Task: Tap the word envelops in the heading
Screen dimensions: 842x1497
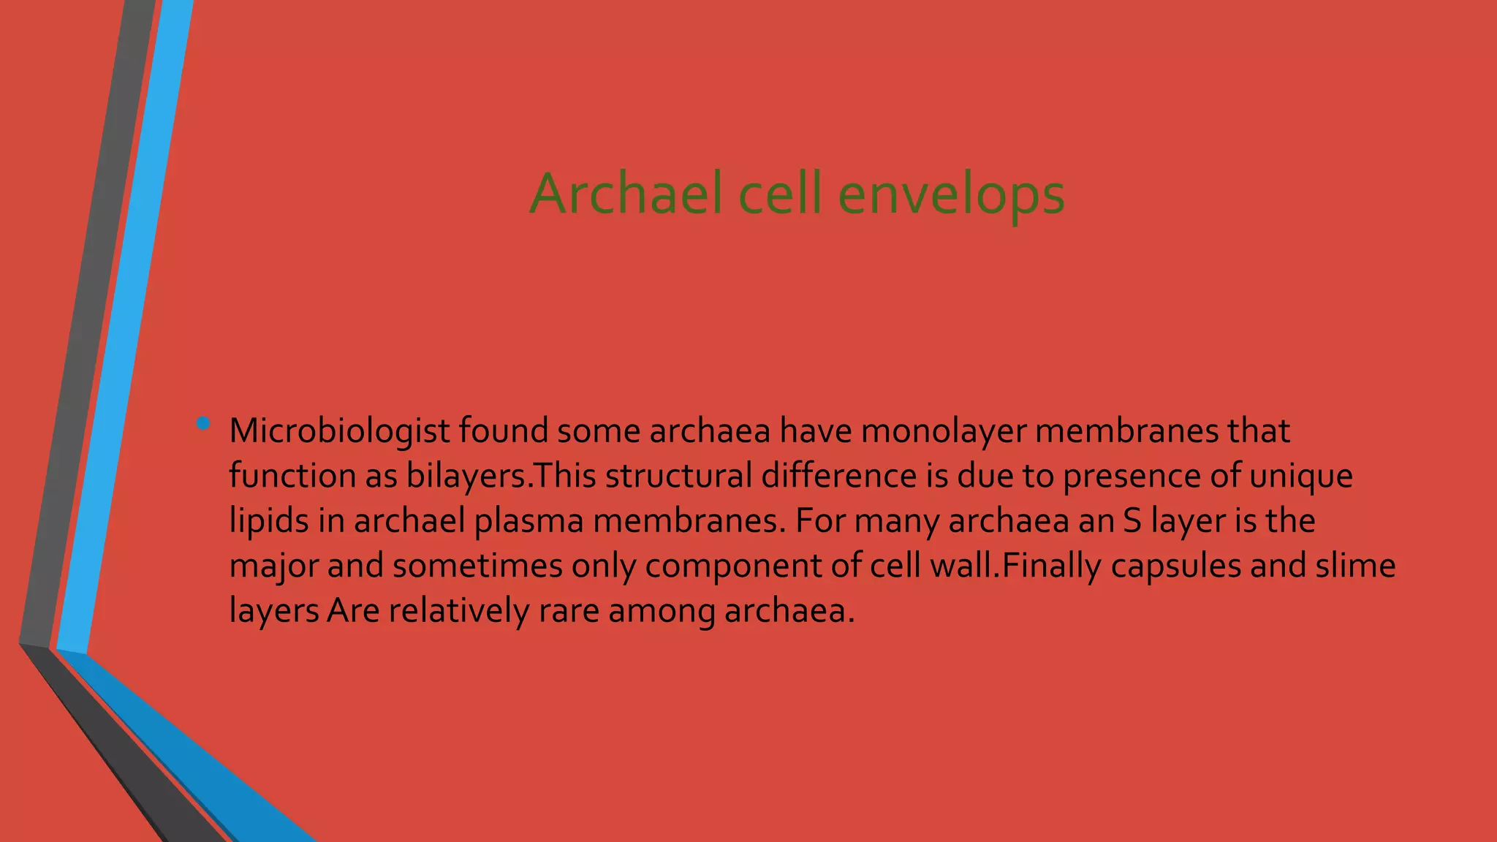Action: coord(951,195)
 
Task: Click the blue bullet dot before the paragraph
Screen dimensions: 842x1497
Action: coord(203,423)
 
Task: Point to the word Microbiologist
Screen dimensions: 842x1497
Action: coord(339,431)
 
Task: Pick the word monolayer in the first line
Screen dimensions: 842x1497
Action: coord(944,431)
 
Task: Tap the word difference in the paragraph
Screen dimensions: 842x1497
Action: coord(838,476)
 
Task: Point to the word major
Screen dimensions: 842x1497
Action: coord(273,566)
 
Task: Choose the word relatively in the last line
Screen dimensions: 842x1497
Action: coord(458,611)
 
